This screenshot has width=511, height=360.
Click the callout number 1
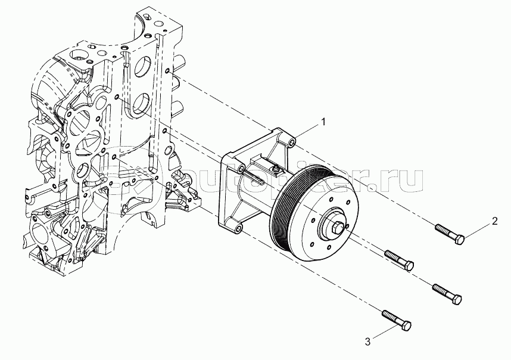tap(323, 122)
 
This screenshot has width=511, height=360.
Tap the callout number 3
tap(368, 341)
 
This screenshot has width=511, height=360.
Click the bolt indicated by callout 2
tap(450, 234)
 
